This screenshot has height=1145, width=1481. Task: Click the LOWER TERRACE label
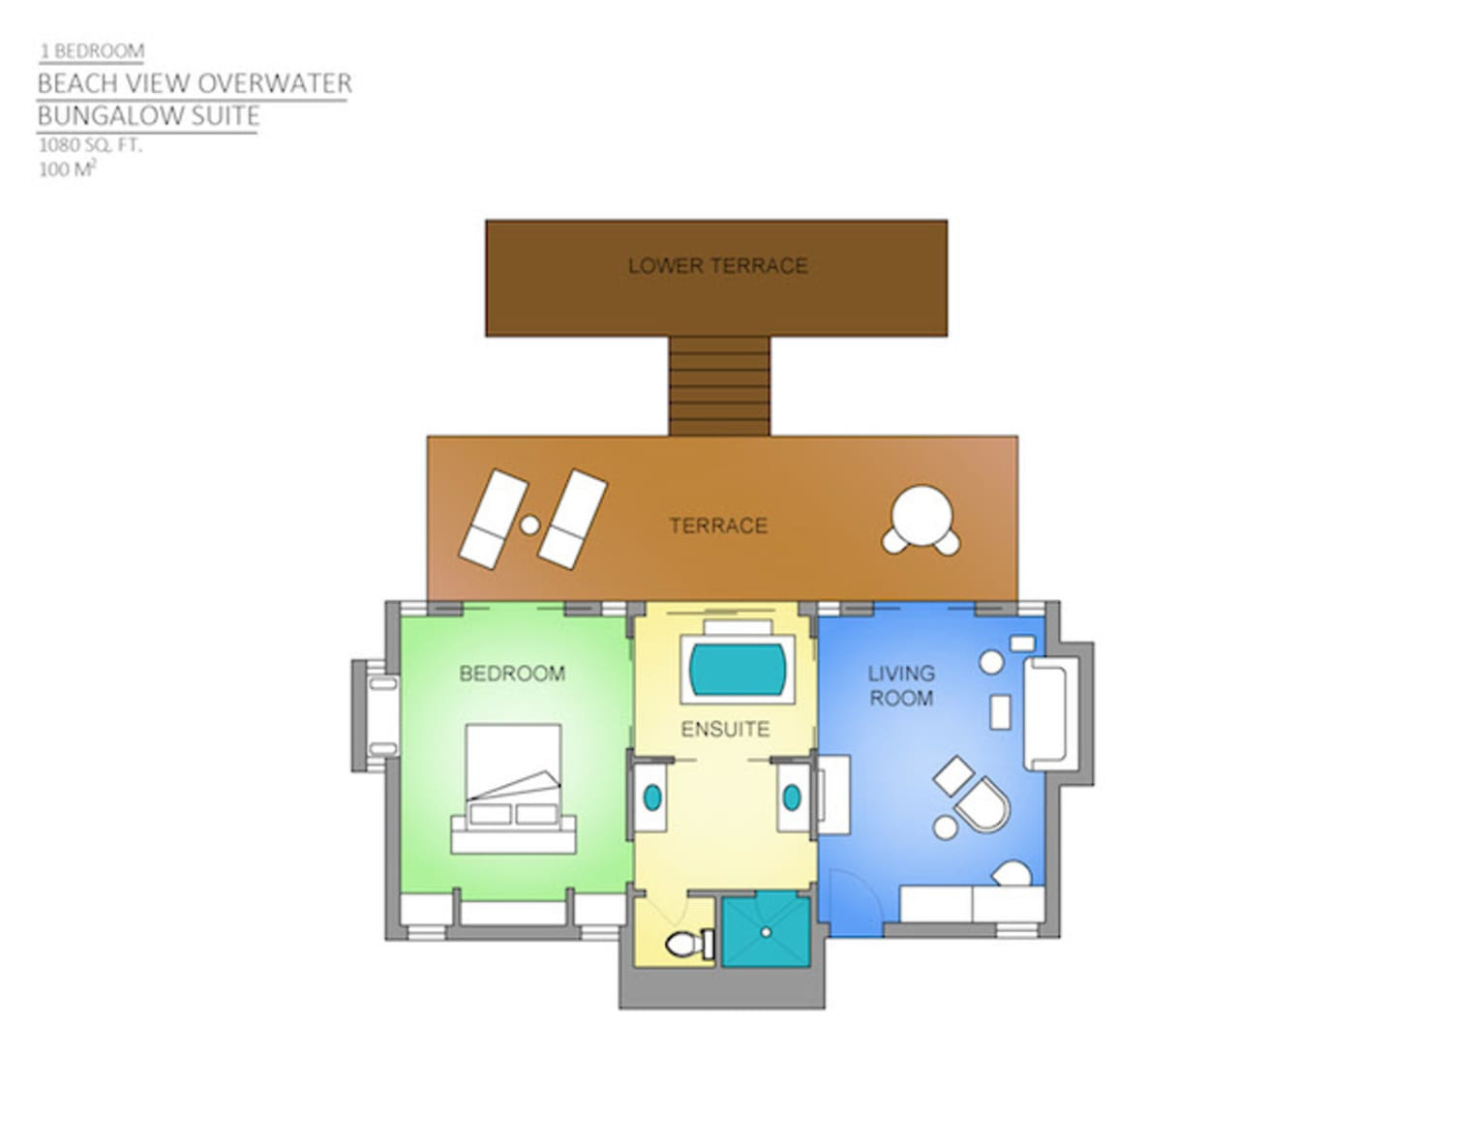[x=717, y=265]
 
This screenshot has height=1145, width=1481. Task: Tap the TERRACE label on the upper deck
[x=718, y=526]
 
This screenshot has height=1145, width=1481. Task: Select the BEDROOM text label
[x=512, y=674]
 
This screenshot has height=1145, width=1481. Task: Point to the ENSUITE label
[x=725, y=730]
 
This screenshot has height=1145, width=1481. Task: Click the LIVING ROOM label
[x=901, y=686]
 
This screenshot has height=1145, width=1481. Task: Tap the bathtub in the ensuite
[x=738, y=669]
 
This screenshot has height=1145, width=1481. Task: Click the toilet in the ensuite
[x=689, y=944]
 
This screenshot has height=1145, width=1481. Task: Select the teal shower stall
[x=766, y=932]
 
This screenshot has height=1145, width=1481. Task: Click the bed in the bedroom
[x=513, y=789]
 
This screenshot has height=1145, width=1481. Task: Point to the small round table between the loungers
[x=529, y=526]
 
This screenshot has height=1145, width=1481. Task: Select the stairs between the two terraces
[x=719, y=386]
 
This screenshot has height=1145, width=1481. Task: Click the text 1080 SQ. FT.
[x=91, y=145]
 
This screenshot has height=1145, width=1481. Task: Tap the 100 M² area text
[x=67, y=169]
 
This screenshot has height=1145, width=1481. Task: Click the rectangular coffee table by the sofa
[x=1000, y=711]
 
